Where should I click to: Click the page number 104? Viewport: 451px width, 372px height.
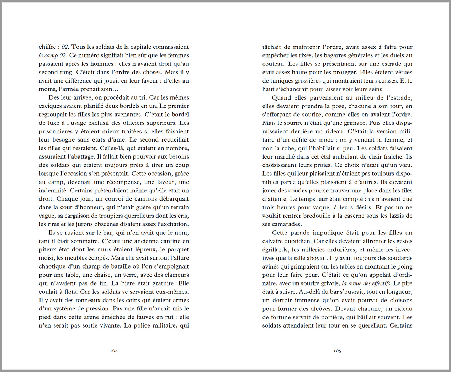[114, 351]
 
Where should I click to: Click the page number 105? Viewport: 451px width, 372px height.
[337, 351]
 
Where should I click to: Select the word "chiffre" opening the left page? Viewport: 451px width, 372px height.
[47, 47]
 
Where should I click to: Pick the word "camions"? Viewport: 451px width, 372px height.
[147, 199]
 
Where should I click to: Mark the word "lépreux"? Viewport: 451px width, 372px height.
[148, 250]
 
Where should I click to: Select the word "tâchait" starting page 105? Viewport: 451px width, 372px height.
[271, 47]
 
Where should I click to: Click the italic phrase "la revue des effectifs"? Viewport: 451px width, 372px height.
[366, 283]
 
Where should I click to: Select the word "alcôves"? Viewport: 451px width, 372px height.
[319, 309]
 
